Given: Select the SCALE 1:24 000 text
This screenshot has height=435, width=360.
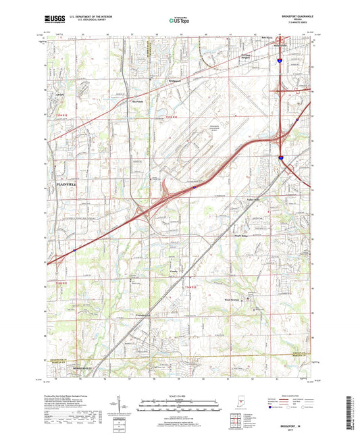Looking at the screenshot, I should pyautogui.click(x=179, y=395).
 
